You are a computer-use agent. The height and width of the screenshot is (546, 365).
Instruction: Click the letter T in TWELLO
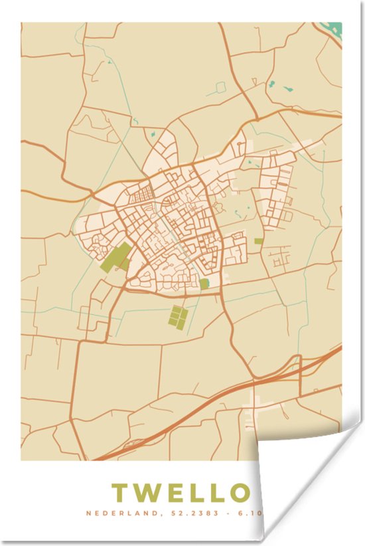[121, 493]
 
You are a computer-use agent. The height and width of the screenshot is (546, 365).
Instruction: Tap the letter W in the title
[151, 493]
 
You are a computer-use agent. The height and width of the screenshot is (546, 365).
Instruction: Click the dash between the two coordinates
[227, 513]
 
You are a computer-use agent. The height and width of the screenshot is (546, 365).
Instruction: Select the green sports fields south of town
[177, 317]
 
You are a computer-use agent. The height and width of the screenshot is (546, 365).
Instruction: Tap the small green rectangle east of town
[258, 241]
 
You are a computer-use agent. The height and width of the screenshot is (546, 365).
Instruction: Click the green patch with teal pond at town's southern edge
[204, 284]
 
